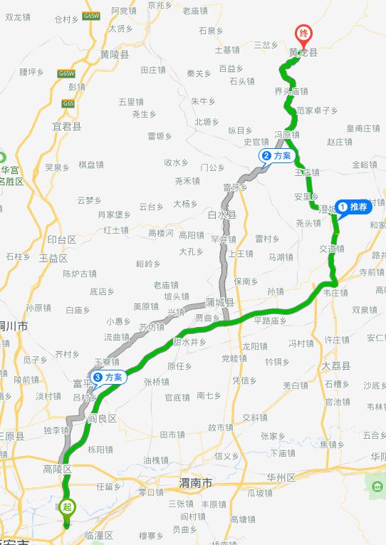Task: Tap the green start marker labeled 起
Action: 67,508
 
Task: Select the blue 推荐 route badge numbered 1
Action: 354,207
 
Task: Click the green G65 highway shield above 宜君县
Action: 68,104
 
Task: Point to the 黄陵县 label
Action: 115,54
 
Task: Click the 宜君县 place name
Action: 67,126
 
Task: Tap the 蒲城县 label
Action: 219,303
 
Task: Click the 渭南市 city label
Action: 195,483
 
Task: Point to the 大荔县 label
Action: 336,365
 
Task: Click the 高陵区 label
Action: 58,469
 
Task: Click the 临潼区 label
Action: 98,535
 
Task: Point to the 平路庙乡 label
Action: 270,321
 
